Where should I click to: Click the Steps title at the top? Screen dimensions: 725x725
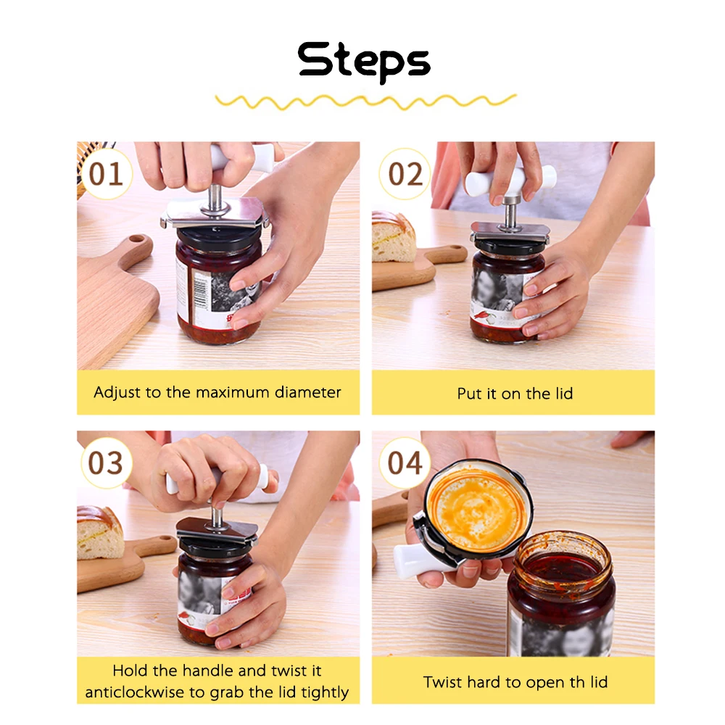(x=364, y=61)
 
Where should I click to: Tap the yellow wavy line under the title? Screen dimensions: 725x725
(x=365, y=101)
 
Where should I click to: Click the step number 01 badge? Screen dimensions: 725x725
(x=106, y=174)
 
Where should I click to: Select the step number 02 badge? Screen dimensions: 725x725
(x=405, y=174)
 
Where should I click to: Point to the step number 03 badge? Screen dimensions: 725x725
(x=106, y=463)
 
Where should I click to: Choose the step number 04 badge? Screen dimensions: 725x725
(x=405, y=463)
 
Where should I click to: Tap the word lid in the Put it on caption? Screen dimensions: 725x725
(x=564, y=394)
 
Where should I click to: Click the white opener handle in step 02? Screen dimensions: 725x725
(x=510, y=181)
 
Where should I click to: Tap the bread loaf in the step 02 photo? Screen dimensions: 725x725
(x=393, y=237)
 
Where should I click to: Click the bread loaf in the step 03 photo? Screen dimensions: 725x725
(x=100, y=533)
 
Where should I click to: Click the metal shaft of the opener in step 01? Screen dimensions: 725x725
(x=215, y=199)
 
